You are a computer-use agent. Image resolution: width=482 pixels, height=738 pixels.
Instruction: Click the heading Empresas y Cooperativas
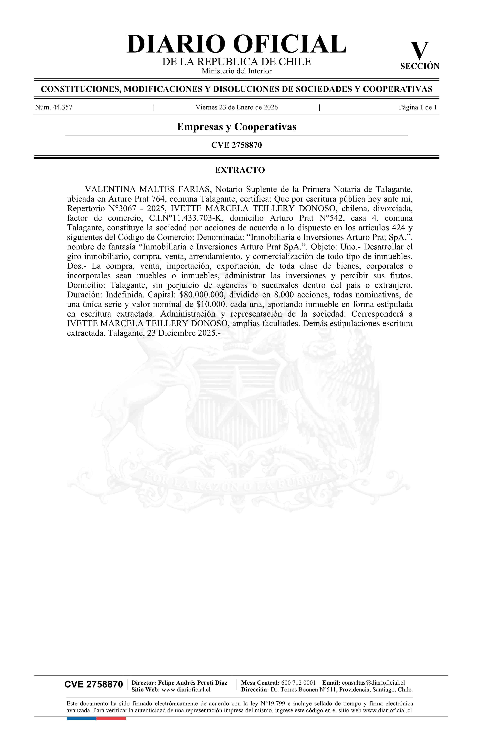click(237, 127)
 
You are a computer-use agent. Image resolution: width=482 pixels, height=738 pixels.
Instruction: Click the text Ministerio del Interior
click(237, 71)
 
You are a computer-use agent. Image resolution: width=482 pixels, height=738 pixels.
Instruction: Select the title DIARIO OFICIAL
click(237, 44)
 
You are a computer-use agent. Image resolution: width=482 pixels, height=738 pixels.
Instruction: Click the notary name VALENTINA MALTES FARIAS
click(147, 189)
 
